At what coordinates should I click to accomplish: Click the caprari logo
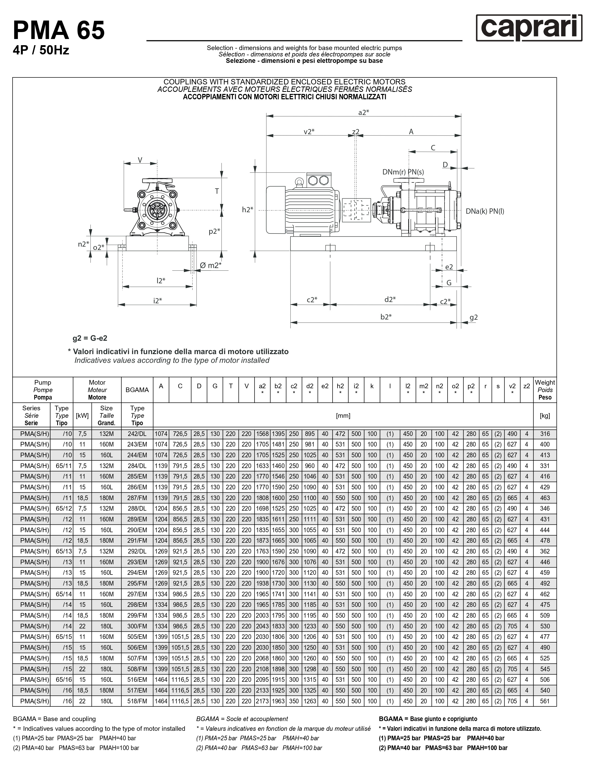529,28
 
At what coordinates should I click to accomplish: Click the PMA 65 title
59,30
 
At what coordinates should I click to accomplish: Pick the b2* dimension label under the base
386,317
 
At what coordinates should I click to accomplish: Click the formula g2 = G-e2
90,338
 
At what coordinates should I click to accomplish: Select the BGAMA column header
137,390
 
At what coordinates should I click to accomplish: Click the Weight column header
545,390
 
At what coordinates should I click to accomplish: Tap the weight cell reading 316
545,434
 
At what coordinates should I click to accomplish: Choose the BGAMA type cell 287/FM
137,498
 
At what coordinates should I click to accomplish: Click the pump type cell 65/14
62,594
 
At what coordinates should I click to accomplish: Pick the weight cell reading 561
545,701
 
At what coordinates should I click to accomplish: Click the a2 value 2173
262,701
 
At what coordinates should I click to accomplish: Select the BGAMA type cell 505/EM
137,637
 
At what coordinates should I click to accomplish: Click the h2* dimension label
247,210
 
